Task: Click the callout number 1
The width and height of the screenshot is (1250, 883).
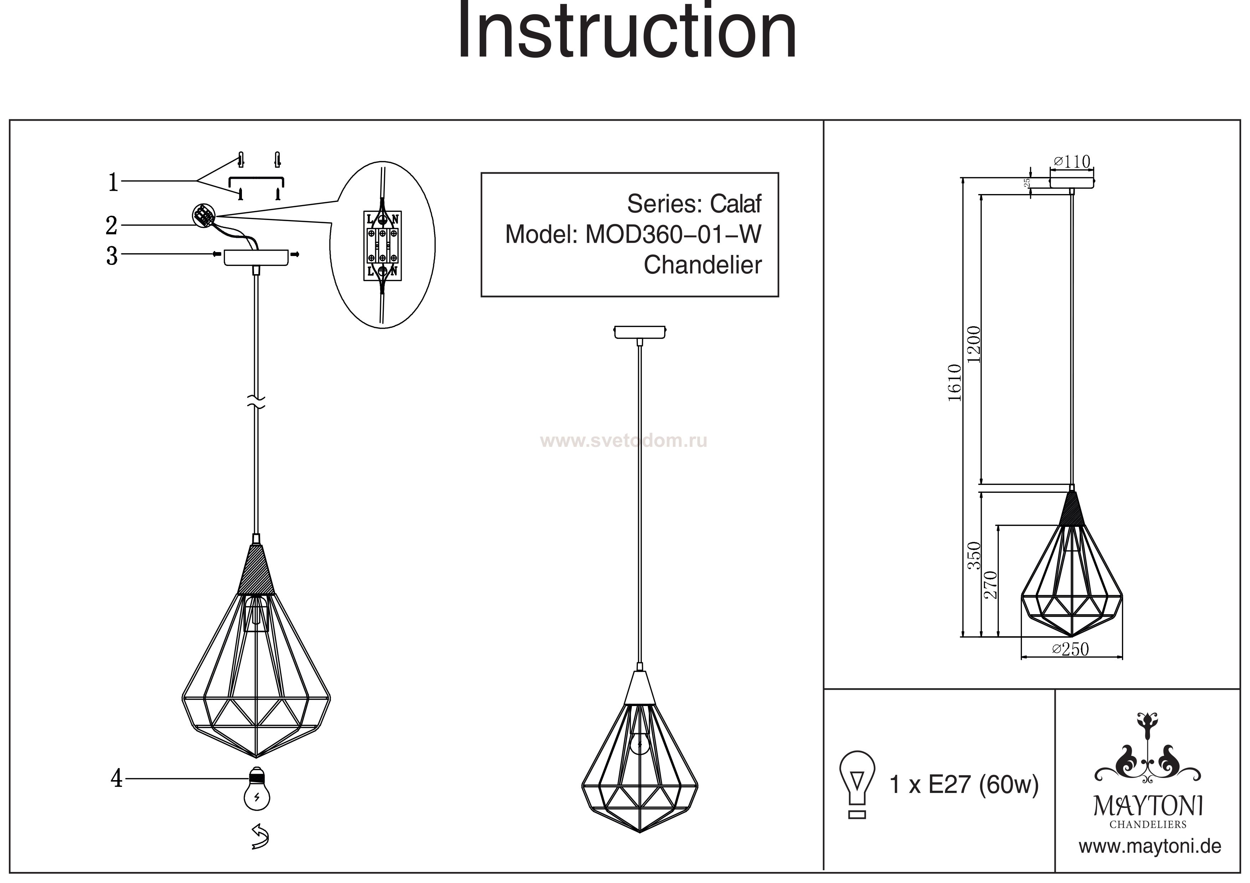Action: tap(113, 182)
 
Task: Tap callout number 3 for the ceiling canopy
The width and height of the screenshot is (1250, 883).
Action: tap(112, 256)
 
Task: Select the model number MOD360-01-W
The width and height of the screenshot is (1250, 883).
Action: tap(673, 235)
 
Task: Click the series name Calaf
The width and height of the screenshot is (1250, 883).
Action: tap(735, 204)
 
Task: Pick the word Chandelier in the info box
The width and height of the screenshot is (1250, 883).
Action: tap(702, 265)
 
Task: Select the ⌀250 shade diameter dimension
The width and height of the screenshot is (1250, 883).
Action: tap(1070, 649)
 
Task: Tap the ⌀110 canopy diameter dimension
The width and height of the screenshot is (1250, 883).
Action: tap(1072, 162)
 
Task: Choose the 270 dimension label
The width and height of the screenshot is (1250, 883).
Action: tap(991, 585)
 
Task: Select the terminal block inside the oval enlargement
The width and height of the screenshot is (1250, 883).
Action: tap(382, 246)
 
